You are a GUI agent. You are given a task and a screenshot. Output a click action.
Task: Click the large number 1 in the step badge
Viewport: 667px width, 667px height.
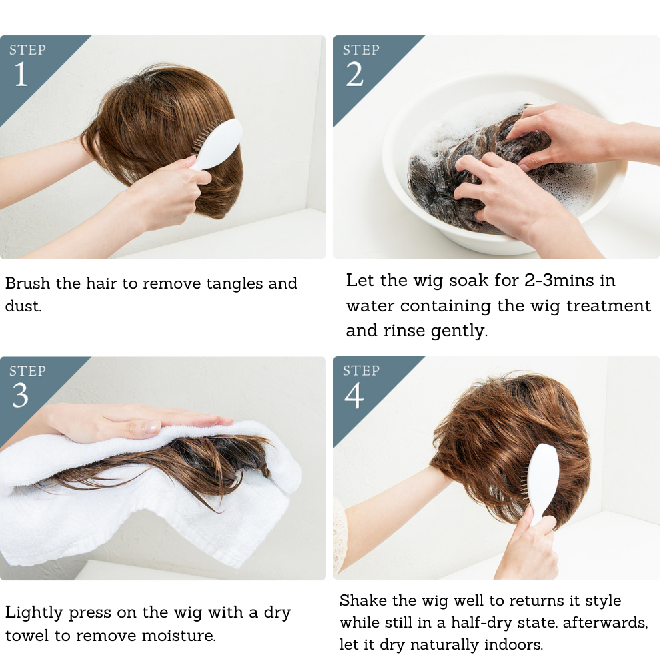tap(21, 75)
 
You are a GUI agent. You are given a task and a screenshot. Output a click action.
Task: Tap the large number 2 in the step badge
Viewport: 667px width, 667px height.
tap(354, 75)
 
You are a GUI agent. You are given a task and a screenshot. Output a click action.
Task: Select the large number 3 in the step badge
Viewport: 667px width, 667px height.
tap(21, 396)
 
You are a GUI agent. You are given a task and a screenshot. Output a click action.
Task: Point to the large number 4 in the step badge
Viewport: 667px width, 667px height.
tap(354, 396)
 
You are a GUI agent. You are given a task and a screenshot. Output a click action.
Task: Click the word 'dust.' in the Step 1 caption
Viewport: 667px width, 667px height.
tap(23, 307)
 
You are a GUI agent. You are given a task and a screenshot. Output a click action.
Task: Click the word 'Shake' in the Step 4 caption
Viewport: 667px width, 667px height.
tap(360, 601)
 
